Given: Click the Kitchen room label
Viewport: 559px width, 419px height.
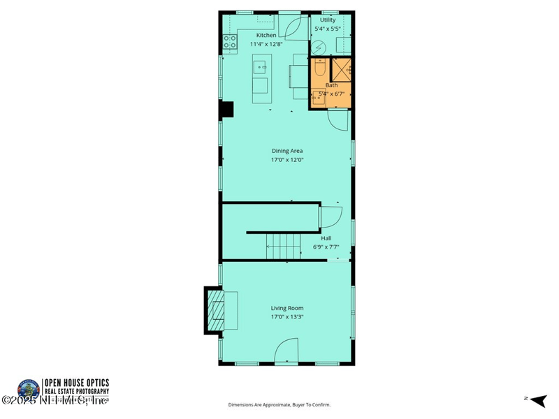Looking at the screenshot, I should [x=266, y=35].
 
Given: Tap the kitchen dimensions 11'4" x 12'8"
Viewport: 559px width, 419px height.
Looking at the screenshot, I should [x=266, y=44].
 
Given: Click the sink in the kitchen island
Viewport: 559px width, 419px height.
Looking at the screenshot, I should [x=260, y=68].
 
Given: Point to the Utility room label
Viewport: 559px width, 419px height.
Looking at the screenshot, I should [x=328, y=20].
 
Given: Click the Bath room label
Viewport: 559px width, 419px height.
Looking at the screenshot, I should [x=331, y=85].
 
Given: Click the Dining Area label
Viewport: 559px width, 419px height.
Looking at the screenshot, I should [x=287, y=150].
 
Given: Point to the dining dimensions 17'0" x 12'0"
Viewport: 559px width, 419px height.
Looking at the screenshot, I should [x=287, y=160].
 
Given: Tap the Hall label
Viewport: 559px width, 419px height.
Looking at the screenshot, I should [x=326, y=238].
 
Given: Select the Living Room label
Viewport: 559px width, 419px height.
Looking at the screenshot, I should [x=287, y=308].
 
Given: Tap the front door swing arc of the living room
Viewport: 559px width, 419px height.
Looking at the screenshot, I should [x=287, y=351].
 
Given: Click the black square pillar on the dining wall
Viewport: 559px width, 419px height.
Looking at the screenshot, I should [x=226, y=110].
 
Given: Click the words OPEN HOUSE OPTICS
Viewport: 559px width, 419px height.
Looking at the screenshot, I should [x=77, y=383].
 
